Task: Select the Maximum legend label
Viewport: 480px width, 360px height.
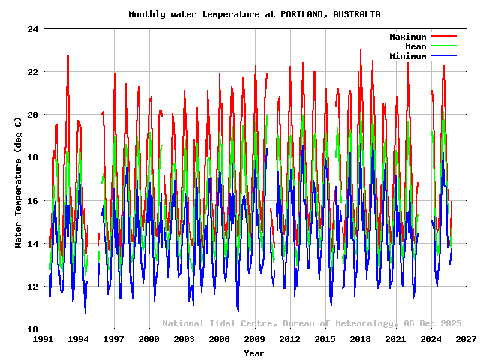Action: point(407,37)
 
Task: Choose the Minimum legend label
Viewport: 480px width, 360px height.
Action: point(407,56)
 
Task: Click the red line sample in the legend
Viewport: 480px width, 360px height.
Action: point(443,37)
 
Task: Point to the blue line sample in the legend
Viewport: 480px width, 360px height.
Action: point(443,56)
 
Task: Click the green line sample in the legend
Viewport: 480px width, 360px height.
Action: point(443,46)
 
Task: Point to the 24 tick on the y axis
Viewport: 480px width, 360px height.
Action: point(31,30)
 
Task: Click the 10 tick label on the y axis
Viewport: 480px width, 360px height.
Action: point(31,329)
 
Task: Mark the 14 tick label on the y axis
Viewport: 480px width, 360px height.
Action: point(31,244)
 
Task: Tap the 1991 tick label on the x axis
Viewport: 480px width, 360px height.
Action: point(43,340)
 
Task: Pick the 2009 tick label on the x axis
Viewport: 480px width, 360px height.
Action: point(255,340)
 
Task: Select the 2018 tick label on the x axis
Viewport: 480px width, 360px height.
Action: point(361,340)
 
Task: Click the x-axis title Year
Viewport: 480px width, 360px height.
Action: point(254,352)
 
